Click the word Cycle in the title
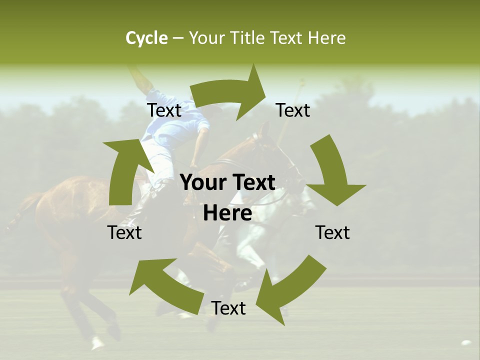coord(146,38)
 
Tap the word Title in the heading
coord(248,38)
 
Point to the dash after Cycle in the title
coord(178,38)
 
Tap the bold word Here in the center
coord(227,213)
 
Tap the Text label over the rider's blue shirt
coord(164,110)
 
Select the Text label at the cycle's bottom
coord(228,308)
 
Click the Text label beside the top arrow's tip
coord(293,110)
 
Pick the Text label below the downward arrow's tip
coord(332,232)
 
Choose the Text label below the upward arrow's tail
coord(124,232)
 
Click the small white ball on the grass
coord(466,343)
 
